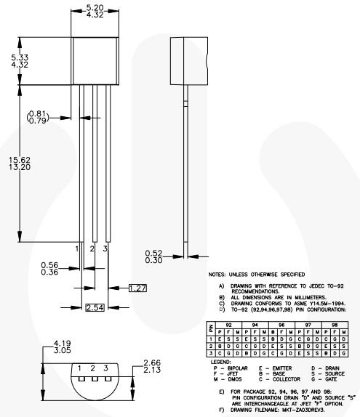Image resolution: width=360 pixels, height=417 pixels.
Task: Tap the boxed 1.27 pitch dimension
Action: (137, 288)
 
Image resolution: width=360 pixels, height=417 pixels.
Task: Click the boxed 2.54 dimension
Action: (95, 308)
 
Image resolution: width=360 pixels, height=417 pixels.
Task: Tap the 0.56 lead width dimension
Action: (49, 265)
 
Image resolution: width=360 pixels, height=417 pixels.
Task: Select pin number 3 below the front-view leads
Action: (106, 248)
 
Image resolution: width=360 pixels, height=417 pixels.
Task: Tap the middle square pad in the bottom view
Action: (93, 378)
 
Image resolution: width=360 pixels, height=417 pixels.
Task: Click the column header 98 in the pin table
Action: (333, 326)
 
